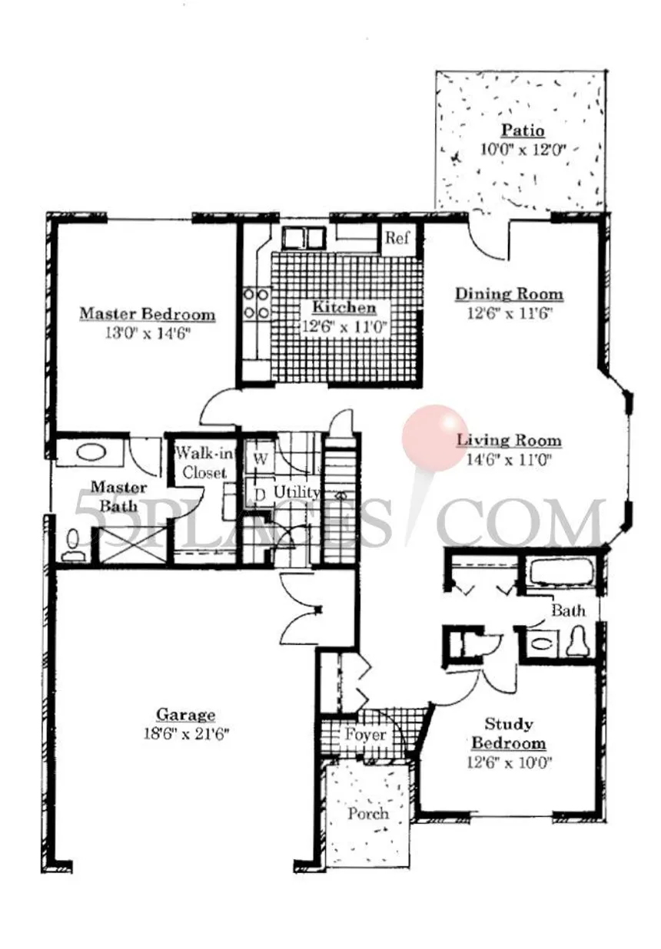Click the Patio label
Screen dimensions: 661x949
point(523,130)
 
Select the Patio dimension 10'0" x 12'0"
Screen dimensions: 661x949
point(523,149)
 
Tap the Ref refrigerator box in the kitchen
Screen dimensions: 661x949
point(397,239)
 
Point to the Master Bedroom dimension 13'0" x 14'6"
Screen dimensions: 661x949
point(147,333)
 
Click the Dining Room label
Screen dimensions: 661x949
point(510,293)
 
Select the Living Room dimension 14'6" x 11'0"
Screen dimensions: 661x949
point(510,460)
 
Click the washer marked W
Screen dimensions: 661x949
point(260,458)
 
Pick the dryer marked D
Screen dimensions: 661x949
point(260,494)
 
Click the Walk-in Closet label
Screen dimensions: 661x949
point(204,463)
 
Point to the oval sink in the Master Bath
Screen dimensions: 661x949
point(91,452)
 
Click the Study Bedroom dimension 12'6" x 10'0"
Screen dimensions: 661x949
point(510,762)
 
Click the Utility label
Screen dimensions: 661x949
point(297,492)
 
